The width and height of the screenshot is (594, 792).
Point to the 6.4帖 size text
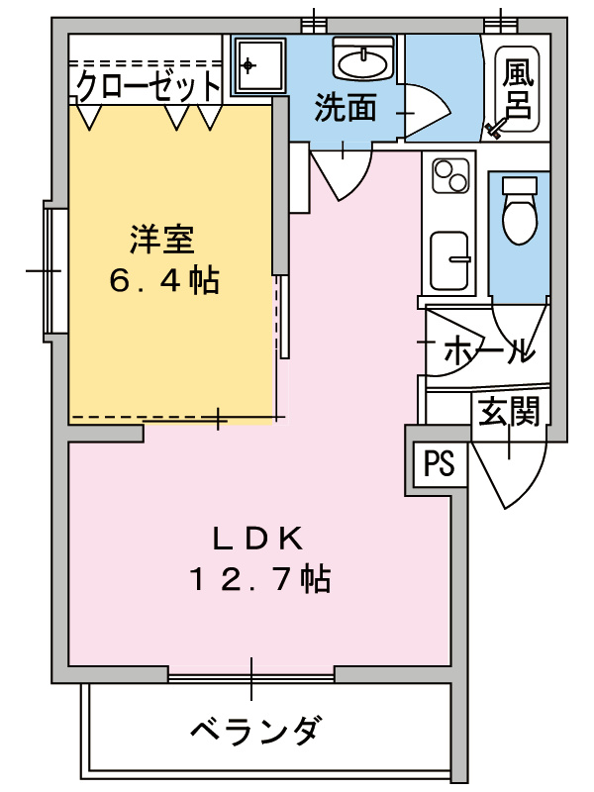(164, 282)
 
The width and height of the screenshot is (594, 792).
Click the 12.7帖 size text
(259, 579)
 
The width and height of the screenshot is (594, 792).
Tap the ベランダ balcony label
(254, 733)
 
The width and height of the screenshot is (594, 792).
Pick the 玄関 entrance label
(509, 411)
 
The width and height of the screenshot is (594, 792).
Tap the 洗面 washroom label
(346, 108)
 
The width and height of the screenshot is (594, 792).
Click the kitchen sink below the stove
(450, 258)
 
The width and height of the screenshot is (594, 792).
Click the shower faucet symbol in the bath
(495, 128)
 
